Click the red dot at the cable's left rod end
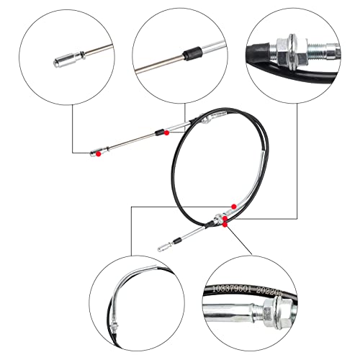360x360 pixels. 99,153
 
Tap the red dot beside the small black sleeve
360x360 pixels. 167,132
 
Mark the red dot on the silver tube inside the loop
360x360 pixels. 233,207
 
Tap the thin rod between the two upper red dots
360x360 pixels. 133,142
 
